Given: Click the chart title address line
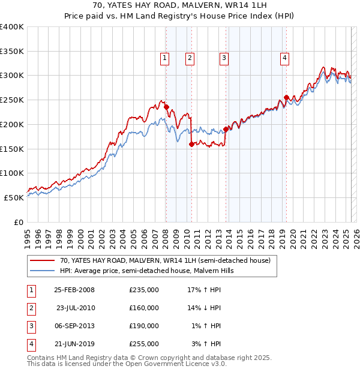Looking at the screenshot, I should point(179,5).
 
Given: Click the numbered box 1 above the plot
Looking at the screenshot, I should point(164,58).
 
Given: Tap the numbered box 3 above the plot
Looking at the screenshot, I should point(224,58).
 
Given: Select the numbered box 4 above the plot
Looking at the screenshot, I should point(284,58).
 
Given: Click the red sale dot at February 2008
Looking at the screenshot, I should point(166,107).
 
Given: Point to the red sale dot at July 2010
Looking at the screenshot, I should point(191,144).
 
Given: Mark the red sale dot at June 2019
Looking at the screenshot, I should point(286,97).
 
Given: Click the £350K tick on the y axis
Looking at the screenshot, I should point(12,52).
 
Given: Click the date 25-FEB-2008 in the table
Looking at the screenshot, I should point(74,290).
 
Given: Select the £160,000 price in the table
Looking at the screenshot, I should point(143,308).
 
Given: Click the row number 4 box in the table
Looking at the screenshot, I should point(31,344).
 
